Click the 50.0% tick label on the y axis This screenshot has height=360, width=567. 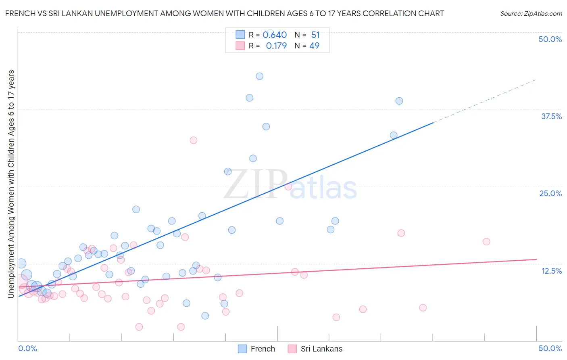point(550,39)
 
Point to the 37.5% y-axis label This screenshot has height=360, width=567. point(551,116)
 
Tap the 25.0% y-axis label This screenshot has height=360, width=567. point(550,193)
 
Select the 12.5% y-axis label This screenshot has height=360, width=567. point(551,271)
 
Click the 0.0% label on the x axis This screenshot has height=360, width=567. point(27,348)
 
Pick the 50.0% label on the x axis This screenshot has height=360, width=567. point(550,348)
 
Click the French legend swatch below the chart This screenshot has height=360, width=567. point(242,349)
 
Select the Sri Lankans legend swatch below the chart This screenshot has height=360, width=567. point(292,349)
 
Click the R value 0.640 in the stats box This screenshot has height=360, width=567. point(275,35)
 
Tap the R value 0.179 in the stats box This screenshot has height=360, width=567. point(276,46)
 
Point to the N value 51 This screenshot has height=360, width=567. point(315,35)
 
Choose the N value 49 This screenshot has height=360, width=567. point(315,46)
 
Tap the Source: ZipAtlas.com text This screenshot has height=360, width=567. point(531,13)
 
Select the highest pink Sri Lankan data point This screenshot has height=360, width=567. point(194,140)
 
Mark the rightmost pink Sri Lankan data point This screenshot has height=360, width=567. point(486,242)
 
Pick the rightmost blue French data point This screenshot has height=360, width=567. point(399,101)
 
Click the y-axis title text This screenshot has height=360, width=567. point(11,184)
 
